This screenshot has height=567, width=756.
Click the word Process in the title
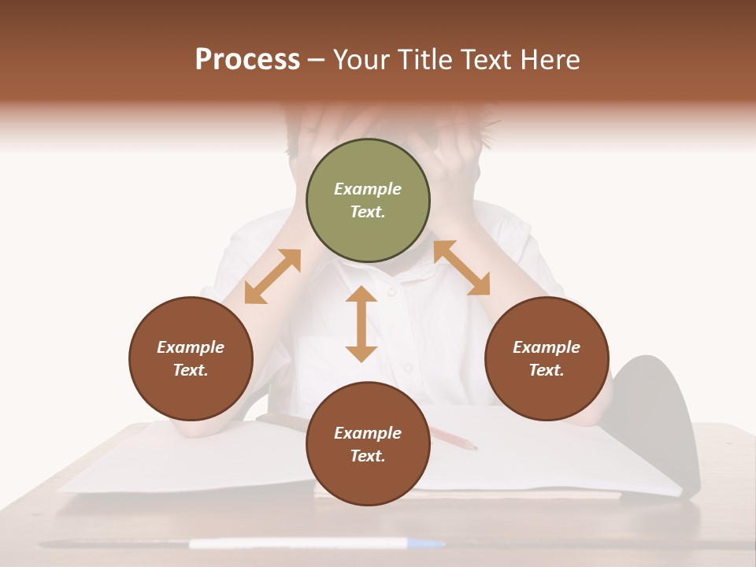point(247,60)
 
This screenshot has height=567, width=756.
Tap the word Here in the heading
point(550,60)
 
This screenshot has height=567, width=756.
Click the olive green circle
point(368,201)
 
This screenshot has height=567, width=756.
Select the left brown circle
point(191,358)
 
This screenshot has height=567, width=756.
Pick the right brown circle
point(547,358)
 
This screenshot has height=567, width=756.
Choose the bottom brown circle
point(368,444)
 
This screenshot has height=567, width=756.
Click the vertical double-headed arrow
point(361,324)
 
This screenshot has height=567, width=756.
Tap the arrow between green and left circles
point(272,276)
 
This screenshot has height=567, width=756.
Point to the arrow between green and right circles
point(461,268)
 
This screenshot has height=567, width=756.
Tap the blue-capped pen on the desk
point(315,543)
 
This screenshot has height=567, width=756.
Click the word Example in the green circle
point(368,189)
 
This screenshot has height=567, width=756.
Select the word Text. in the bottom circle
point(368,456)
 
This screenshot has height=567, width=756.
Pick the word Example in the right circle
point(547,347)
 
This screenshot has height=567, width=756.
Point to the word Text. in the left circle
point(191,370)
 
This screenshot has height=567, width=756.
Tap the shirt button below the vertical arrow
point(407,368)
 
